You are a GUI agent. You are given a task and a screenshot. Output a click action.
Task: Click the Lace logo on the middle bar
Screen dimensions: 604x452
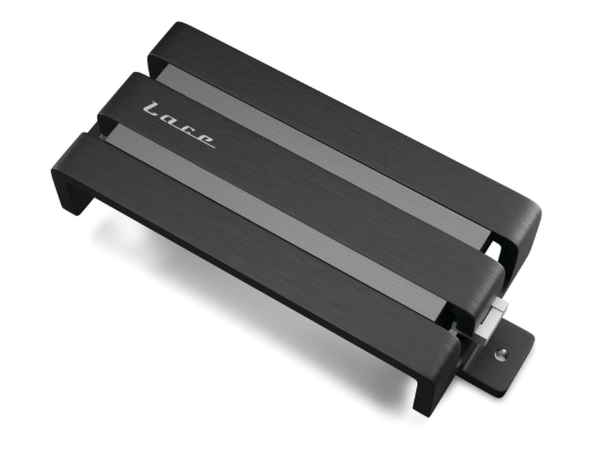click(x=179, y=125)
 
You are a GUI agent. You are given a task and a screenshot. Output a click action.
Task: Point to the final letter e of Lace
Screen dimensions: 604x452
click(x=207, y=140)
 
